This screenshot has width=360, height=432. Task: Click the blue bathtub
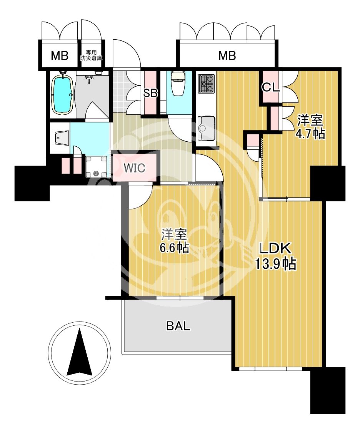point(63,94)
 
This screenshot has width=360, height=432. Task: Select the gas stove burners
point(207,83)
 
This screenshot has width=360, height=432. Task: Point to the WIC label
point(134,168)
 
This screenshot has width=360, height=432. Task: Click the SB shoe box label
point(150,93)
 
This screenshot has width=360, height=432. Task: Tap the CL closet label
point(270,87)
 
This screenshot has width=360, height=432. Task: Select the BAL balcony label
point(178,326)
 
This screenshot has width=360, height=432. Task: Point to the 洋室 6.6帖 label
point(175,241)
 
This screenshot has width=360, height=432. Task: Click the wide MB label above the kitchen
point(227,56)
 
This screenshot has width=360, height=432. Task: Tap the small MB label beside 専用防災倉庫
point(60,56)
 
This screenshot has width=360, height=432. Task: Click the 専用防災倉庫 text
point(92,55)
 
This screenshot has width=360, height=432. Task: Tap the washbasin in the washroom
point(60,137)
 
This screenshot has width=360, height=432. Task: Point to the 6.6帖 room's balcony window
point(180,298)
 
